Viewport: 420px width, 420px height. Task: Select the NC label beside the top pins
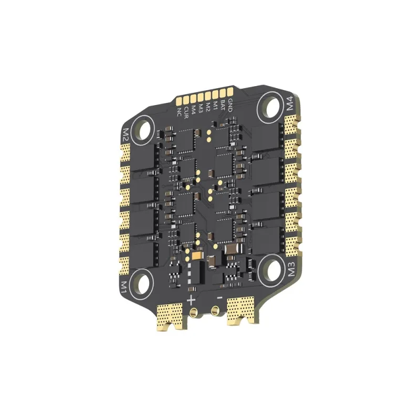(x=179, y=112)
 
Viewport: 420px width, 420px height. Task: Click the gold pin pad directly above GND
(x=230, y=92)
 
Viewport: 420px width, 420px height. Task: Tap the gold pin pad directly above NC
(x=179, y=101)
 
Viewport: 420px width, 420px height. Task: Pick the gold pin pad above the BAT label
(x=223, y=94)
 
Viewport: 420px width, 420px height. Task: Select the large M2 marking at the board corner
(x=125, y=135)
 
